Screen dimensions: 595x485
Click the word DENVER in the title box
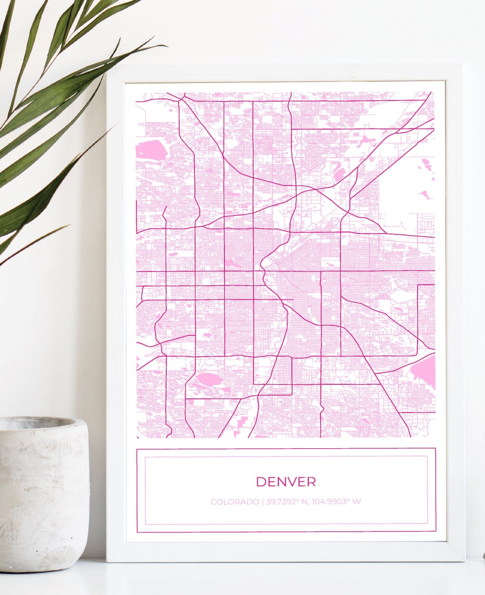point(286,482)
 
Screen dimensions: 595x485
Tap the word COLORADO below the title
point(234,502)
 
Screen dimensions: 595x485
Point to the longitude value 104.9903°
point(330,502)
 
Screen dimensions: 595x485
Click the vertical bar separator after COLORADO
point(263,502)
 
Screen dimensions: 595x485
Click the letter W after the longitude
point(356,502)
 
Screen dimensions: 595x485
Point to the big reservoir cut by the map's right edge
point(424,371)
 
